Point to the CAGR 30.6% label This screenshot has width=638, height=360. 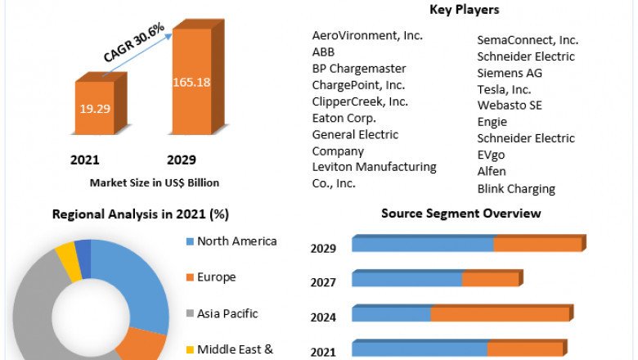[134, 43]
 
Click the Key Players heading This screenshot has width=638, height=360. [464, 10]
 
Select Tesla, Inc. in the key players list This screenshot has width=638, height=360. [504, 89]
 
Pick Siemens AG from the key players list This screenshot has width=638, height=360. [510, 73]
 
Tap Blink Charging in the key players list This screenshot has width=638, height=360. [516, 188]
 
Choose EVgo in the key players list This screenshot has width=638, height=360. [493, 155]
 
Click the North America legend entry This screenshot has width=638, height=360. [236, 241]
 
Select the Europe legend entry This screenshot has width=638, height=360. [216, 277]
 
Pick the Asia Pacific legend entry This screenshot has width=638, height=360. [227, 313]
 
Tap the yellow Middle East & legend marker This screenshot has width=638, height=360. [190, 350]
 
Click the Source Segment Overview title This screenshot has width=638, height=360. [461, 214]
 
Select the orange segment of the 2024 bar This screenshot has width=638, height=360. [500, 314]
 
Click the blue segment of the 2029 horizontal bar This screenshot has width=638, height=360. [422, 245]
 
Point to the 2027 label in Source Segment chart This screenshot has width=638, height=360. [324, 282]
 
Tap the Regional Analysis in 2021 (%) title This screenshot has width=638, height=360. [140, 214]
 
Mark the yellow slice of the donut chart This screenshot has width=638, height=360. [68, 260]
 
